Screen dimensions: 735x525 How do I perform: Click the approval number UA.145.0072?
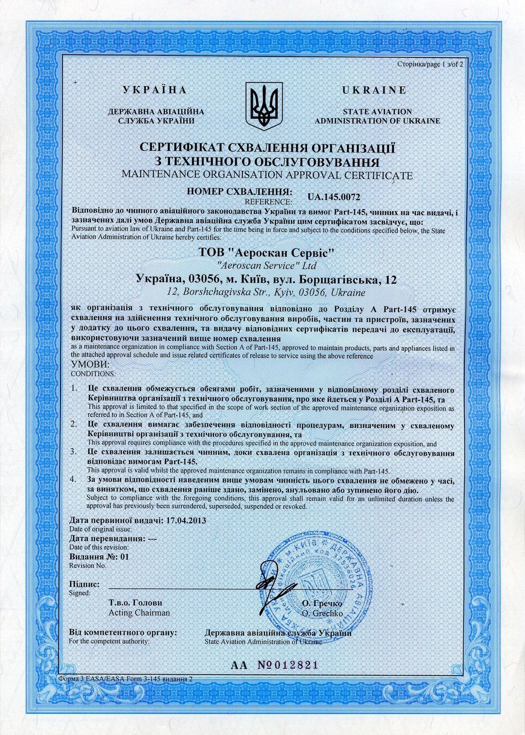[x=334, y=196]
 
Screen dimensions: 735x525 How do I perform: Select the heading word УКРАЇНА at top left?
[x=154, y=90]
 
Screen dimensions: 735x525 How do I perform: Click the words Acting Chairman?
[x=139, y=613]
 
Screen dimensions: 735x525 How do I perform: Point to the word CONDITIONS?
[x=92, y=373]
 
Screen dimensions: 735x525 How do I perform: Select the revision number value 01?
[x=124, y=556]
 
